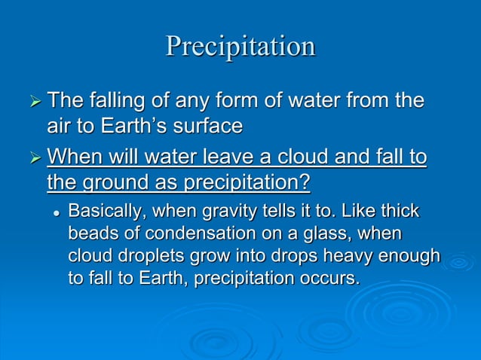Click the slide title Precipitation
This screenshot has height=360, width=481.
point(240,47)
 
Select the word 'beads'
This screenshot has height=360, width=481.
point(93,233)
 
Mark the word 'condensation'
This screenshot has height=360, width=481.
point(191,233)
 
